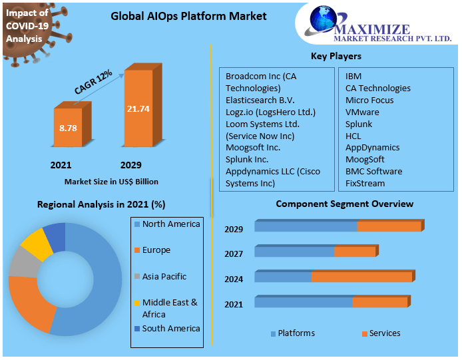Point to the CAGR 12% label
click(x=93, y=83)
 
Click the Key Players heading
click(x=336, y=56)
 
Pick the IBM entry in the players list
click(x=353, y=77)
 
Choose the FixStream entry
click(x=365, y=183)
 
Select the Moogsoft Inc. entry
click(x=253, y=147)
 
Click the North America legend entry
click(x=170, y=224)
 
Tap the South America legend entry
click(x=170, y=328)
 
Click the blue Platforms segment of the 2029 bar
click(x=306, y=226)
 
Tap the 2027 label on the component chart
click(x=234, y=254)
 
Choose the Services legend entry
click(x=384, y=333)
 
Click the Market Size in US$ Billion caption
click(x=111, y=181)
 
